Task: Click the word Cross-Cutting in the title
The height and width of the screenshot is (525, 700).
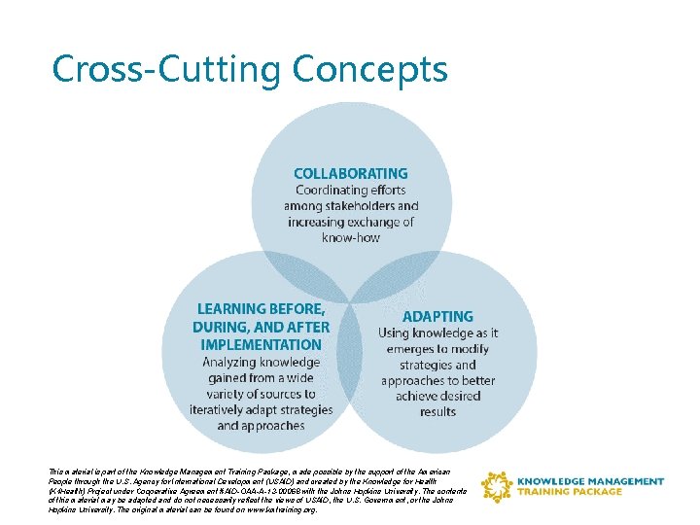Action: pos(165,70)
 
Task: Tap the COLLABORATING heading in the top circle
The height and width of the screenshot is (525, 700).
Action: pos(351,174)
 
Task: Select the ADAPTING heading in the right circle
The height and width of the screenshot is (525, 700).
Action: pos(437,317)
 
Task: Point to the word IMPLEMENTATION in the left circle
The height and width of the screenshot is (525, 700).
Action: pos(261,344)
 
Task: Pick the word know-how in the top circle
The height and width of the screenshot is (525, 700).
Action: pos(351,237)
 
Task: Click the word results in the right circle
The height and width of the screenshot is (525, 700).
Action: pos(437,411)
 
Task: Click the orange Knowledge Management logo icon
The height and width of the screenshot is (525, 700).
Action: pos(497,486)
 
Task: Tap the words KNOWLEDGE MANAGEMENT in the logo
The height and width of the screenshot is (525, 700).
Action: pos(590,481)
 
